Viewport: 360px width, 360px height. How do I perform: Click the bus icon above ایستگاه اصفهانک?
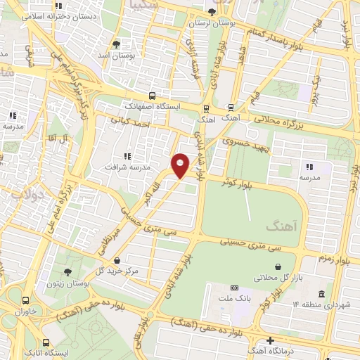pyautogui.click(x=153, y=96)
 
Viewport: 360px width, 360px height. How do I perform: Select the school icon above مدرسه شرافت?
pyautogui.click(x=127, y=156)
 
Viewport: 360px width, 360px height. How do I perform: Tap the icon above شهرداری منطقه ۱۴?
pyautogui.click(x=321, y=293)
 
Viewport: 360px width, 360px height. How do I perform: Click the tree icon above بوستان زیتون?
pyautogui.click(x=67, y=271)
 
